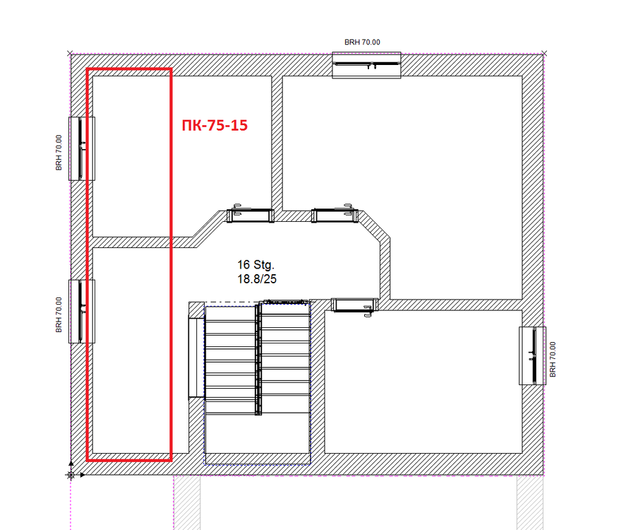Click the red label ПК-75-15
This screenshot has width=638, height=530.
pyautogui.click(x=215, y=125)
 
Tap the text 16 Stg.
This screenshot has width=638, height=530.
pyautogui.click(x=256, y=265)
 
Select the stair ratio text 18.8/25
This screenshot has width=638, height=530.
pyautogui.click(x=257, y=279)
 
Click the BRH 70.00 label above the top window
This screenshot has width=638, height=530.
pyautogui.click(x=362, y=42)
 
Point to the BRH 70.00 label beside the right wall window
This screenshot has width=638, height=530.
pyautogui.click(x=553, y=359)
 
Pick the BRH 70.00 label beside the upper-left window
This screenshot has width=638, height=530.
pyautogui.click(x=59, y=153)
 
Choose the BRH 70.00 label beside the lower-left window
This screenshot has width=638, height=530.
pyautogui.click(x=59, y=314)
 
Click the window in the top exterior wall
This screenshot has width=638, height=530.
pyautogui.click(x=366, y=65)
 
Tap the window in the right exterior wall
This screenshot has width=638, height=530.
pyautogui.click(x=532, y=355)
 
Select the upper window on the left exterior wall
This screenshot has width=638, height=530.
pyautogui.click(x=82, y=148)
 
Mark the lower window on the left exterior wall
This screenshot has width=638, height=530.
pyautogui.click(x=82, y=311)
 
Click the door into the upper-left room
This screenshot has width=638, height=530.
pyautogui.click(x=251, y=214)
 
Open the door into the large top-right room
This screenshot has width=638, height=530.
pyautogui.click(x=335, y=214)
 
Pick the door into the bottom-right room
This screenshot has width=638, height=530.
pyautogui.click(x=355, y=306)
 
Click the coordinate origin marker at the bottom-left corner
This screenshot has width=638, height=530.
pyautogui.click(x=71, y=475)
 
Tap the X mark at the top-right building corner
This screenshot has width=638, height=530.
pyautogui.click(x=544, y=54)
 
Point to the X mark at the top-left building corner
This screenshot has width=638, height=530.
pyautogui.click(x=70, y=54)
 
